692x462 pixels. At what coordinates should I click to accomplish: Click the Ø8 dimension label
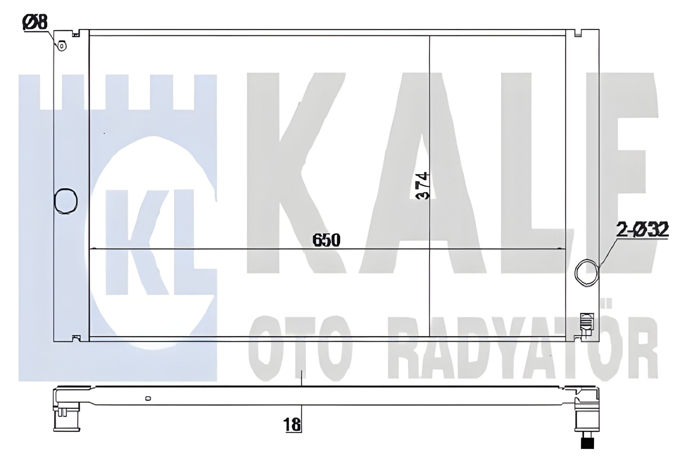click(35, 22)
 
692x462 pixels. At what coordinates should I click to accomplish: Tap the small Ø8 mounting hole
click(62, 46)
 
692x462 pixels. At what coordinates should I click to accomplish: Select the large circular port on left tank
click(66, 201)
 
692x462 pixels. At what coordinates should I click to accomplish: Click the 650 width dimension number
click(326, 240)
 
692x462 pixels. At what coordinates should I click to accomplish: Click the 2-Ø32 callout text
click(642, 230)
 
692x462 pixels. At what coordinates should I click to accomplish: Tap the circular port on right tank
click(586, 273)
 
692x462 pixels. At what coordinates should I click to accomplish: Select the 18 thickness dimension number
click(292, 425)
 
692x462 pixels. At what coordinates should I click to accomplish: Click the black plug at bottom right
click(587, 443)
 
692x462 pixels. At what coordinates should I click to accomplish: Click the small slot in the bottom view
click(148, 399)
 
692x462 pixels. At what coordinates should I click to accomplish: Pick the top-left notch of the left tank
click(76, 35)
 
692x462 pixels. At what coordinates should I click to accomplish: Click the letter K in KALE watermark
click(296, 173)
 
